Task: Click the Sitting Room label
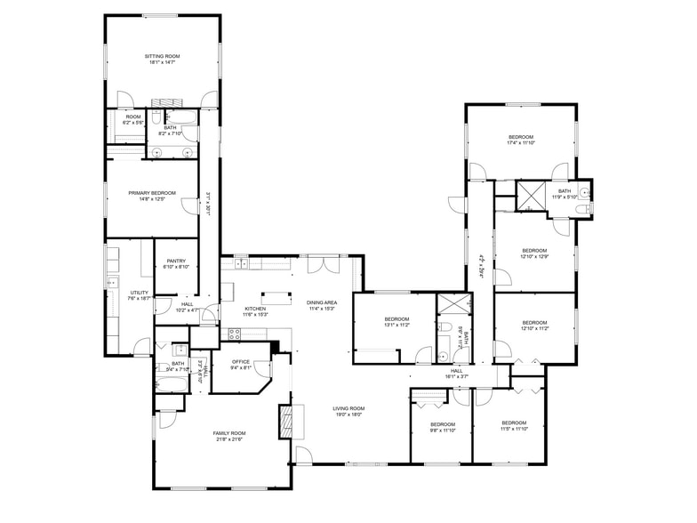pyautogui.click(x=162, y=56)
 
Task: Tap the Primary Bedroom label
pyautogui.click(x=151, y=193)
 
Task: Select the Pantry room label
pyautogui.click(x=176, y=261)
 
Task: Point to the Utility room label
pyautogui.click(x=140, y=293)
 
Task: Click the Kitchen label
pyautogui.click(x=256, y=308)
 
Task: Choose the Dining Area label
pyautogui.click(x=320, y=302)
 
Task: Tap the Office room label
pyautogui.click(x=240, y=361)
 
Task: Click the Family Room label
pyautogui.click(x=228, y=433)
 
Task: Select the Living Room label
pyautogui.click(x=349, y=408)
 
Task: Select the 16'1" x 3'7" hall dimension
pyautogui.click(x=457, y=377)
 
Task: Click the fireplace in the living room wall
pyautogui.click(x=285, y=421)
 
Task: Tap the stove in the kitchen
pyautogui.click(x=236, y=334)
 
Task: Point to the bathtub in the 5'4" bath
pyautogui.click(x=171, y=384)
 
